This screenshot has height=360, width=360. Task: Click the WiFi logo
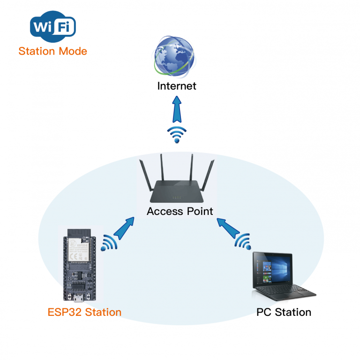pos(52,27)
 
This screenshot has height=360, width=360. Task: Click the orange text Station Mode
pos(52,51)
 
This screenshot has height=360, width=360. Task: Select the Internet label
pos(177,86)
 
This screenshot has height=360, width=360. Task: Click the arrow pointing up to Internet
pos(177,110)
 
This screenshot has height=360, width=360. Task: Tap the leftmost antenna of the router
pos(144,174)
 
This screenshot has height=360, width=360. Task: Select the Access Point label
pos(180,211)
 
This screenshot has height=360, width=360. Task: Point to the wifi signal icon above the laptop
pos(243,242)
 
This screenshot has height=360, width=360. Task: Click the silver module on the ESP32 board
pos(78,249)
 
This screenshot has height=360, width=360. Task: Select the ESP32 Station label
pos(84,312)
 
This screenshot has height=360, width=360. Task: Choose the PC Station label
pos(284,312)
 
